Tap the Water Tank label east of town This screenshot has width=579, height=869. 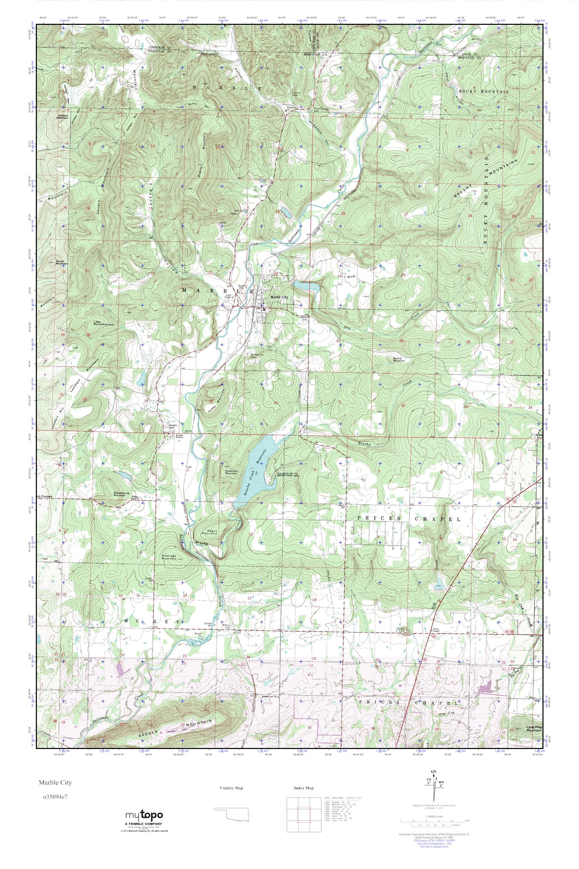pos(305,318)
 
